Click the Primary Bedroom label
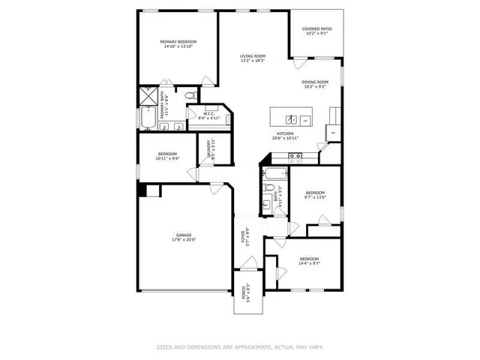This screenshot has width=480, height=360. pos(178,41)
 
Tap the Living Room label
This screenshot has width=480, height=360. pos(253,57)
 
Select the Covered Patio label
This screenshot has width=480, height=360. pos(317,29)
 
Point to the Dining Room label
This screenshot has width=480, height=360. pos(315,82)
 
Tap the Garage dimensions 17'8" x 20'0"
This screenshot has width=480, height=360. pos(183,240)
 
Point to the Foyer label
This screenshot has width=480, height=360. pos(243,237)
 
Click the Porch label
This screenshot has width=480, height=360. pos(244,292)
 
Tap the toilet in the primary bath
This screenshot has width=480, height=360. pos(191,97)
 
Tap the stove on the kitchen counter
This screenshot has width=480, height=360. pos(295,157)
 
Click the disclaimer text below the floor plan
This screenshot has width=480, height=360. pos(240,346)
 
